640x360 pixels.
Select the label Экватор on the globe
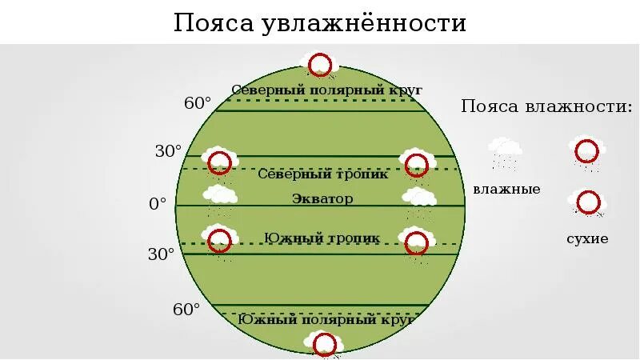(x=322, y=198)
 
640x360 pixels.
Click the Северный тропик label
(x=323, y=174)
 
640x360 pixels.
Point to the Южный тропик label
(x=322, y=238)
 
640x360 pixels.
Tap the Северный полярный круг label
(x=326, y=90)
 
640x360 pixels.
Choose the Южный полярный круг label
(x=325, y=319)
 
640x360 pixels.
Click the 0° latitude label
(x=158, y=204)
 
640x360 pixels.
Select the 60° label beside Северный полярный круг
(x=198, y=103)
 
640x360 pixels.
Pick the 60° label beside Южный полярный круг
(x=186, y=309)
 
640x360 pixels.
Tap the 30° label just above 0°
(x=169, y=151)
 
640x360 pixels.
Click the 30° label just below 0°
(x=161, y=254)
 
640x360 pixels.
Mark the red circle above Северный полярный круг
(x=320, y=64)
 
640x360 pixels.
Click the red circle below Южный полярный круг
(x=324, y=345)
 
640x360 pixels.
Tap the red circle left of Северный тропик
(x=219, y=162)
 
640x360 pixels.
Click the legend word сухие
(x=587, y=238)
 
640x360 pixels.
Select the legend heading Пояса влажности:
(x=546, y=107)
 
